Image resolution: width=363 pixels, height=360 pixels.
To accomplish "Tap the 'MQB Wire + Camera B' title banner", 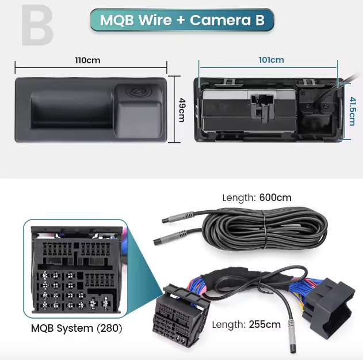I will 182,20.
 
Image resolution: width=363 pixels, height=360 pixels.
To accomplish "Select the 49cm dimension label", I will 181,109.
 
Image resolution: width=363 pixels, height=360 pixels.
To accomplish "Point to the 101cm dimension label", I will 271,59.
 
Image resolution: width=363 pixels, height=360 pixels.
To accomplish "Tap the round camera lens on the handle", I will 136,92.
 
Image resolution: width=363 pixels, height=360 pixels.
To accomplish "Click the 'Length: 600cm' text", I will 257,198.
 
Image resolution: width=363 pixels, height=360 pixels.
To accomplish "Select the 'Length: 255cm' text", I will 246,324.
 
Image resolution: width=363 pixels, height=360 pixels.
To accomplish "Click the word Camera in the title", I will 219,20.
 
